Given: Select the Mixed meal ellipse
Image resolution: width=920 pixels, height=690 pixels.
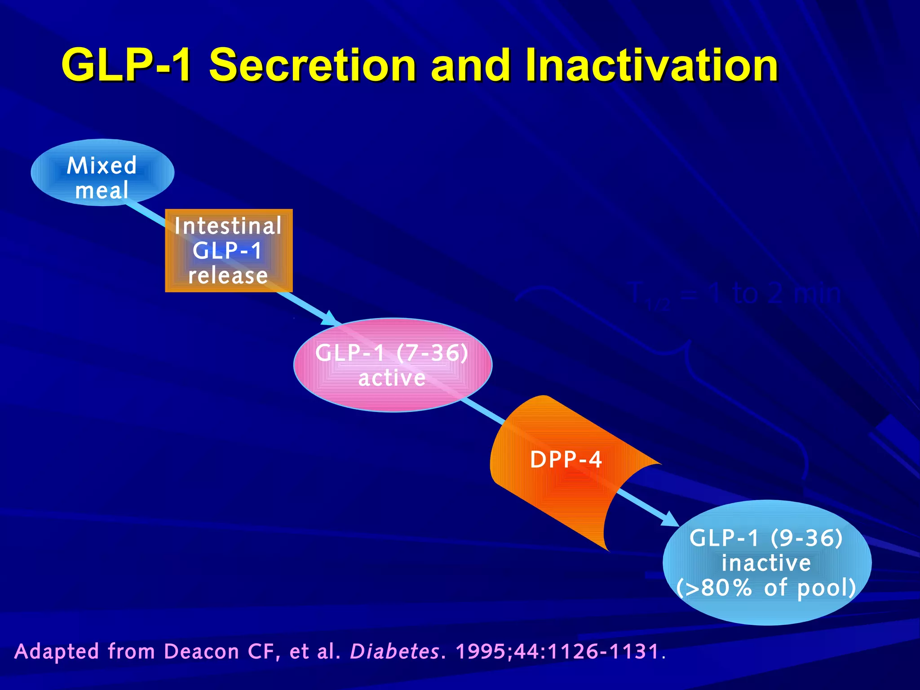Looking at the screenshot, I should pyautogui.click(x=102, y=173).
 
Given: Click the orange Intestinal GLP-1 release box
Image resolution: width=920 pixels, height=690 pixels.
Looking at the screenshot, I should pyautogui.click(x=229, y=251).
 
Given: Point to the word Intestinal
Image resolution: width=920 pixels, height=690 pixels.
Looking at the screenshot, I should pyautogui.click(x=228, y=226).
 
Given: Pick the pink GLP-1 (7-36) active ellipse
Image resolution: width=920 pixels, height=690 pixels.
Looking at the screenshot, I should pyautogui.click(x=392, y=365).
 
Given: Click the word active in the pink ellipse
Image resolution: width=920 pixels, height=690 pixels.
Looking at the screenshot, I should pyautogui.click(x=392, y=378).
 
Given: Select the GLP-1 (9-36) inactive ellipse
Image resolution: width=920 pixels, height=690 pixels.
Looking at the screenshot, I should pyautogui.click(x=767, y=562).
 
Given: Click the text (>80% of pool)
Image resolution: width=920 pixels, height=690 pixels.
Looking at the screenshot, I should pyautogui.click(x=766, y=588).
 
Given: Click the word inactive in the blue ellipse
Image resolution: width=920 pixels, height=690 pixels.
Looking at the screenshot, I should pyautogui.click(x=766, y=563).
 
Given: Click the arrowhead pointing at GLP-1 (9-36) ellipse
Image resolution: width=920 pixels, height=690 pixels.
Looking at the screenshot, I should pyautogui.click(x=669, y=519).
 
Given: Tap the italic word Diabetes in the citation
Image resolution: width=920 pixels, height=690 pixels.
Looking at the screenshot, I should pyautogui.click(x=394, y=651).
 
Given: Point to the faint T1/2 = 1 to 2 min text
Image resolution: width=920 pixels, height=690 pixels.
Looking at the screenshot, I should pyautogui.click(x=735, y=295).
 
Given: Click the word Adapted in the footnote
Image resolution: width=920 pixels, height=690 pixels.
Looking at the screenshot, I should pyautogui.click(x=57, y=651).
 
